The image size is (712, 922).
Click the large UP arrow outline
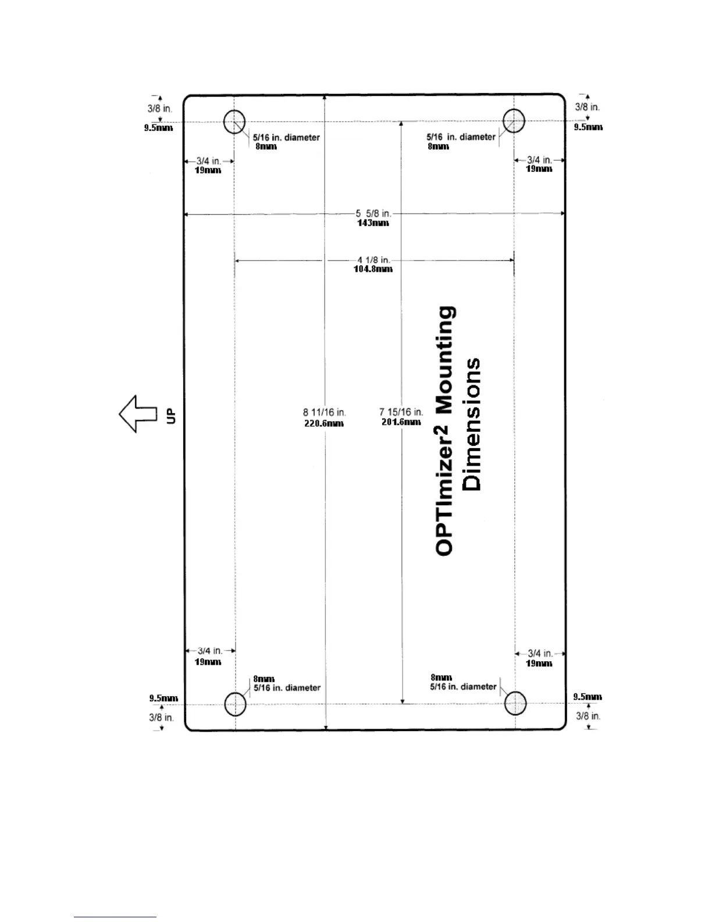pyautogui.click(x=138, y=414)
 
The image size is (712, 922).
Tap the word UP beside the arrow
pyautogui.click(x=171, y=416)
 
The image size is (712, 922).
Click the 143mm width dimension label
pyautogui.click(x=373, y=223)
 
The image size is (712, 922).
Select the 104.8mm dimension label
pyautogui.click(x=373, y=269)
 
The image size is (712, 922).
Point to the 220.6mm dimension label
pyautogui.click(x=324, y=423)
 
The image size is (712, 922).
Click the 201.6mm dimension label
pyautogui.click(x=401, y=422)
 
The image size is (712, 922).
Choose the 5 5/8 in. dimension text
pyautogui.click(x=373, y=214)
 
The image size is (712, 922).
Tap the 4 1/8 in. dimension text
pyautogui.click(x=373, y=260)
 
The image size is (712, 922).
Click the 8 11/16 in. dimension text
pyautogui.click(x=324, y=413)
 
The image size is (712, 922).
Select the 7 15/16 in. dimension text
pyautogui.click(x=401, y=412)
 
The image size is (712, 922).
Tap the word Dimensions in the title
pyautogui.click(x=471, y=424)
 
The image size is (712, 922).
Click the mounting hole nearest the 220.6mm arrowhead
pyautogui.click(x=235, y=704)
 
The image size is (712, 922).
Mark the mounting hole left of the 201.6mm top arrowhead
pyautogui.click(x=234, y=122)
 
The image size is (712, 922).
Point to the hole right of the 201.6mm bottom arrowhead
pyautogui.click(x=515, y=703)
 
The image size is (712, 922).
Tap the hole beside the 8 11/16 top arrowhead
pyautogui.click(x=234, y=122)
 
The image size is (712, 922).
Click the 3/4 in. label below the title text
pyautogui.click(x=539, y=654)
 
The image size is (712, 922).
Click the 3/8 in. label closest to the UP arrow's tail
pyautogui.click(x=161, y=717)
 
